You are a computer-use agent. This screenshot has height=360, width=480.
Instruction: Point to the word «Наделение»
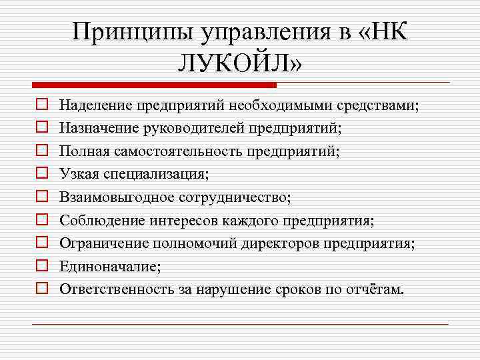[95, 105]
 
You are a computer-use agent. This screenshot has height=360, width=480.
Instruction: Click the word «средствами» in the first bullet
[379, 105]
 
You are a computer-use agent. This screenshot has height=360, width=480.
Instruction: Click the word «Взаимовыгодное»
[117, 197]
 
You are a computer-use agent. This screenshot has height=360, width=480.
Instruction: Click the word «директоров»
[287, 243]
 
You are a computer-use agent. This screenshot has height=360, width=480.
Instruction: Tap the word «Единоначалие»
[109, 266]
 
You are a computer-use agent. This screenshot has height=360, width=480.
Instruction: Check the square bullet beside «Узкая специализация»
[41, 174]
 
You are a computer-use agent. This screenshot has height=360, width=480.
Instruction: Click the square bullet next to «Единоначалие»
[41, 266]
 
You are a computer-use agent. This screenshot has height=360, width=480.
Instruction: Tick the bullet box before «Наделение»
[41, 105]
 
